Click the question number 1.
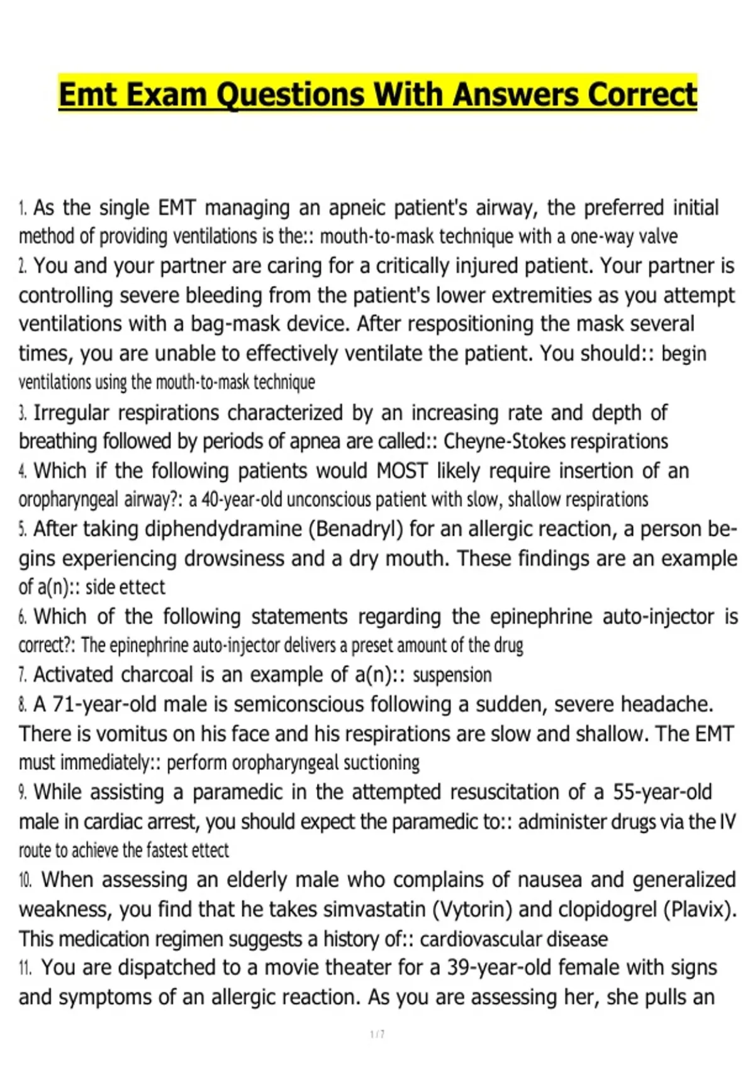[x=23, y=208]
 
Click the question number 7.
[x=23, y=675]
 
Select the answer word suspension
[x=452, y=675]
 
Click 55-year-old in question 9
[x=662, y=792]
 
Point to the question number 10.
[x=25, y=880]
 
